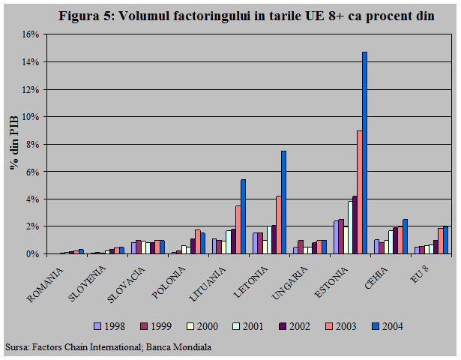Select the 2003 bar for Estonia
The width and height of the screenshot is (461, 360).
[x=359, y=192]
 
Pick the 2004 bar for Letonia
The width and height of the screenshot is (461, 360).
[x=283, y=202]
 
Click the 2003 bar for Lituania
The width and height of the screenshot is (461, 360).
[x=238, y=229]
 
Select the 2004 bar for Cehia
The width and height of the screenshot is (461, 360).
[x=405, y=236]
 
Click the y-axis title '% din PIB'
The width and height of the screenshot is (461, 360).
[x=13, y=144]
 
